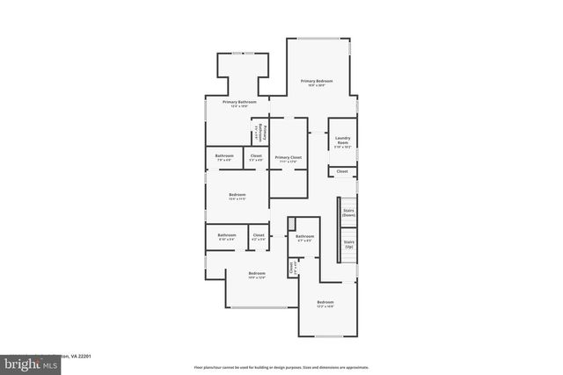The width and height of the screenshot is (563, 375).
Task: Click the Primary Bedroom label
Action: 318,81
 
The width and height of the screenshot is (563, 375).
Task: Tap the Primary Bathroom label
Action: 239,102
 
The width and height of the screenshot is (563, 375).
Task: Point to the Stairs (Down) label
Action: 348,213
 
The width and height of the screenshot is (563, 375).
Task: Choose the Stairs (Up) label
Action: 348,243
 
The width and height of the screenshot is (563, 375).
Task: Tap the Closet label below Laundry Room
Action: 342,171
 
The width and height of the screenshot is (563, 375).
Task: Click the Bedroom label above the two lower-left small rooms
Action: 237,194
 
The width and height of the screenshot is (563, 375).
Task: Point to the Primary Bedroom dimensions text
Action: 318,86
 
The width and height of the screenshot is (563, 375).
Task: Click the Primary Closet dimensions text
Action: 288,161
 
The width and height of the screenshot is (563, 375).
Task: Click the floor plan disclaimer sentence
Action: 281,367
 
